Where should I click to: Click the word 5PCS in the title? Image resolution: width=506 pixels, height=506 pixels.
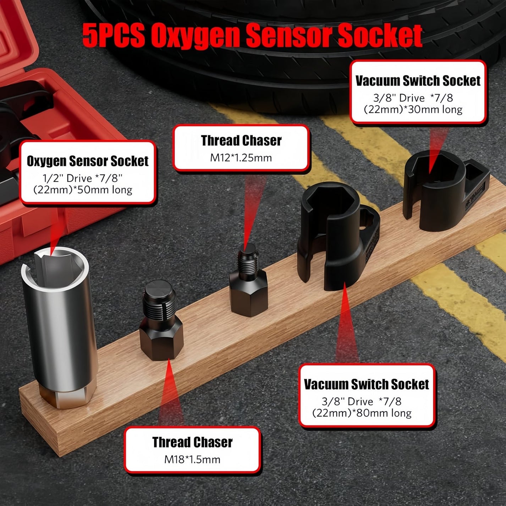tap(114, 35)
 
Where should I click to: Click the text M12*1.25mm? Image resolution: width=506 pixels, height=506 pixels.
tap(241, 158)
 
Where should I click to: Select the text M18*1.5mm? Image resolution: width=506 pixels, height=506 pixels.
tap(192, 460)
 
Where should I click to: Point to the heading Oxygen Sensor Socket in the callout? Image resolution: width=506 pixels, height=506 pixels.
tap(88, 161)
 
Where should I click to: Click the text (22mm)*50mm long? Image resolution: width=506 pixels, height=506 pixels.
tap(83, 190)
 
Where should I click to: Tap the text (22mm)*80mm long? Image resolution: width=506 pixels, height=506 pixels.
tap(362, 413)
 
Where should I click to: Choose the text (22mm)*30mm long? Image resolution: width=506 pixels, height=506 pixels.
tap(413, 109)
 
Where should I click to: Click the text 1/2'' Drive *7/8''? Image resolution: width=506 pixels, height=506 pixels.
tap(83, 178)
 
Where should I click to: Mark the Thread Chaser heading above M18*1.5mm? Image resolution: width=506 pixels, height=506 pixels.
tap(192, 442)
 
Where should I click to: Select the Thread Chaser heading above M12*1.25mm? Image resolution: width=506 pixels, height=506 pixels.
tap(241, 141)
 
